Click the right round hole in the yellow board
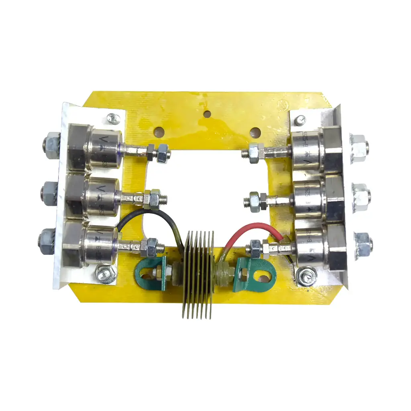coord(254,132)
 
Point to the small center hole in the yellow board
coord(206,114)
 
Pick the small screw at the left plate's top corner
coord(112,119)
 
